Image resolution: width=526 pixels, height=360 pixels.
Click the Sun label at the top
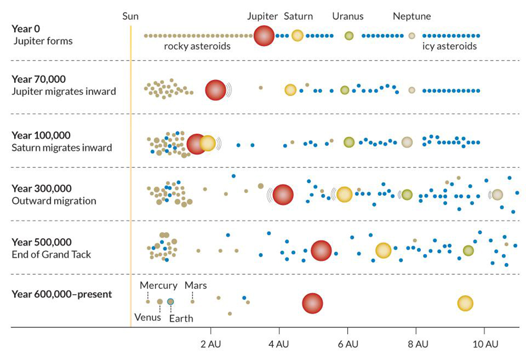[130, 16]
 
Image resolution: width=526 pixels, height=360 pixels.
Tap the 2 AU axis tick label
[210, 345]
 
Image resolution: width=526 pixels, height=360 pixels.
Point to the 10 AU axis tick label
[485, 345]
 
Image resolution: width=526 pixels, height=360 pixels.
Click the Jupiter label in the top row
[262, 16]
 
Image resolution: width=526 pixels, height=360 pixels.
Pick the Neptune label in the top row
[412, 16]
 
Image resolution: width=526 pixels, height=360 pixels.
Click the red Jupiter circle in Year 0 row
[264, 36]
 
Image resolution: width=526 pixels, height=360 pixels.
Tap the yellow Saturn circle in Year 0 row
[297, 36]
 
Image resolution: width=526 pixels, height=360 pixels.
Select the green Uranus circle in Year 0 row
[349, 36]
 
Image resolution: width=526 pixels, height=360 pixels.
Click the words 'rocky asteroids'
[197, 46]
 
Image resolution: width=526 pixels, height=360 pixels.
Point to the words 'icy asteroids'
[450, 46]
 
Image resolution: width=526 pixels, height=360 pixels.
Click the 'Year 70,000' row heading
[38, 79]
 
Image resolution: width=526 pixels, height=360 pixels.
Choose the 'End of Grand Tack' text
[51, 255]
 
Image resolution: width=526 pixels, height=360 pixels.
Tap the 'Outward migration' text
[54, 201]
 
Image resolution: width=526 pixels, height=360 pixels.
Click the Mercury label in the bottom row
[158, 286]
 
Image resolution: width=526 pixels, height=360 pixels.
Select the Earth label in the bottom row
[181, 318]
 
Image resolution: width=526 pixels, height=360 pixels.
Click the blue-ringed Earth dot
[170, 302]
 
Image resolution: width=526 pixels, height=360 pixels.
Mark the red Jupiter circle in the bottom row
[312, 303]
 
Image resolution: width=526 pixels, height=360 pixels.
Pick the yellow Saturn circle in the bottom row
[465, 303]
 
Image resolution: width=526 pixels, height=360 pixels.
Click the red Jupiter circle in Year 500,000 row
[321, 251]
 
